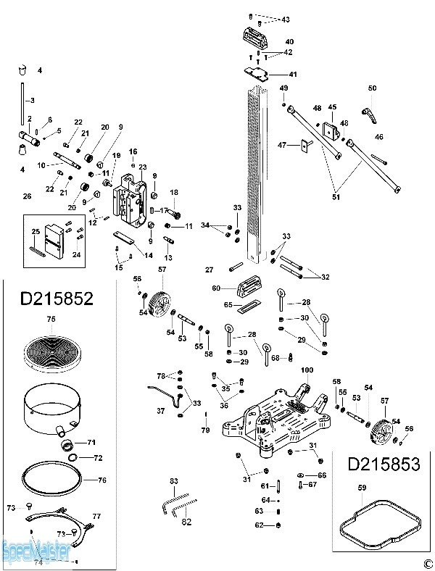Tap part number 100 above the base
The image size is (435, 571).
[307, 370]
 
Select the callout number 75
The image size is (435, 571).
[51, 319]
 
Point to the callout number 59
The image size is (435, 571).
[362, 488]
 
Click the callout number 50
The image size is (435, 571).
[372, 88]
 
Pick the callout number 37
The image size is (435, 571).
[160, 410]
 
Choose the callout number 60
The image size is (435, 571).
[216, 288]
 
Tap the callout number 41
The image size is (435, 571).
[292, 75]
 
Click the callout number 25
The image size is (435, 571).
[35, 231]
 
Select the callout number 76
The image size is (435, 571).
[101, 479]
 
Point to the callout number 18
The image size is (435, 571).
[174, 192]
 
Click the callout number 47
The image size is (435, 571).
[282, 146]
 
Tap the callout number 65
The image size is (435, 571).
[228, 305]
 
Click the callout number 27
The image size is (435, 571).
[209, 270]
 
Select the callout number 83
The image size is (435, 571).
[173, 481]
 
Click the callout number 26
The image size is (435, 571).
[28, 196]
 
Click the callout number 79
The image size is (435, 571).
[205, 430]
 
